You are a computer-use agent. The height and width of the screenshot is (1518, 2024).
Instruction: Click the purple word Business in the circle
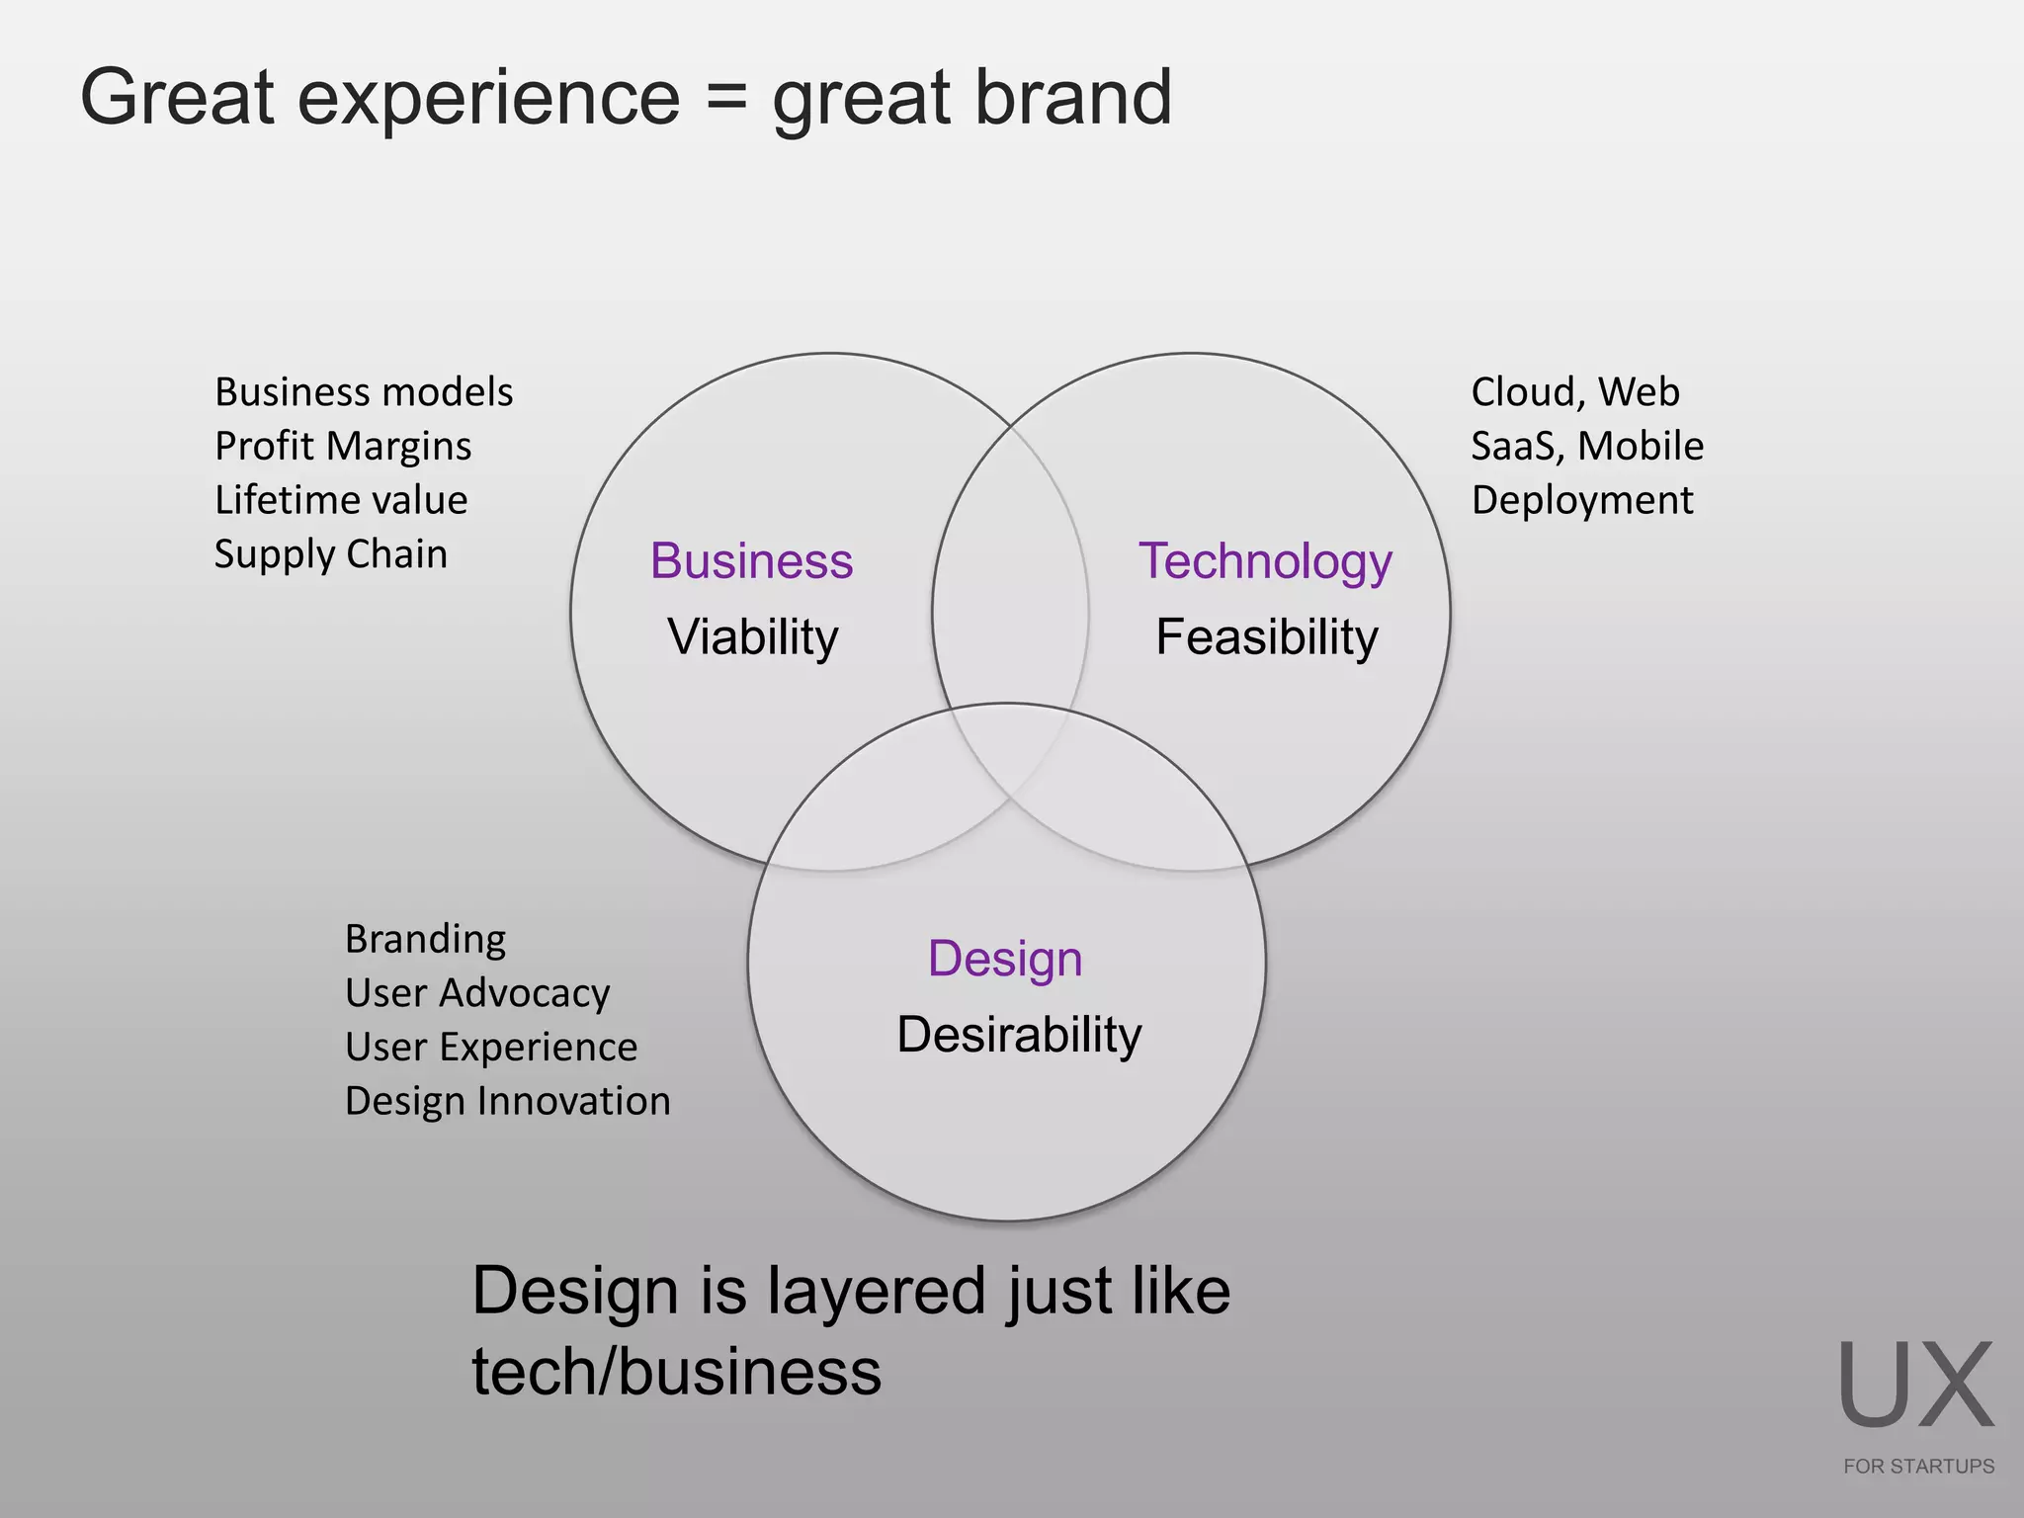[x=751, y=561]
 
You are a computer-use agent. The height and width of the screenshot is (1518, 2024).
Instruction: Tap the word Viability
[x=752, y=636]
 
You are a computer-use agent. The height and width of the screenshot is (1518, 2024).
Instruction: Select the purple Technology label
[x=1265, y=561]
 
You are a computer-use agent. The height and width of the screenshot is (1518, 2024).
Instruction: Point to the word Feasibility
[x=1266, y=636]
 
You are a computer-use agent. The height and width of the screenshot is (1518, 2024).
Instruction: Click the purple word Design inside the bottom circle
[x=1005, y=959]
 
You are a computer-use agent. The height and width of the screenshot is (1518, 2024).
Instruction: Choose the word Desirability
[x=1019, y=1035]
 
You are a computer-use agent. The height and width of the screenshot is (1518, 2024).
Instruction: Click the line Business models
[x=364, y=392]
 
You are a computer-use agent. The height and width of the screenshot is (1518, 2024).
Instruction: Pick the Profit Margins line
[x=343, y=447]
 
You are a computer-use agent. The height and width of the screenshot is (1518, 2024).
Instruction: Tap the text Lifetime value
[x=341, y=500]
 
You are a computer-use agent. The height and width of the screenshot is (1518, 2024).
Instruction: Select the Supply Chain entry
[x=331, y=554]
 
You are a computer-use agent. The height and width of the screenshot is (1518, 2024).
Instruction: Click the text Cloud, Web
[x=1575, y=392]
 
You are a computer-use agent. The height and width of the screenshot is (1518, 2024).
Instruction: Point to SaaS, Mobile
[x=1587, y=447]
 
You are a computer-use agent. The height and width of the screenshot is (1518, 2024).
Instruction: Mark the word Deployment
[x=1582, y=500]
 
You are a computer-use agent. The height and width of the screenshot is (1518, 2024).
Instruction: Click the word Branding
[x=425, y=939]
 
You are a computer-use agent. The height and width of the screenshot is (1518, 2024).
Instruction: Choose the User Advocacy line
[x=477, y=993]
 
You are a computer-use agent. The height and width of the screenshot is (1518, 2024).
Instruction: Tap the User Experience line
[x=491, y=1048]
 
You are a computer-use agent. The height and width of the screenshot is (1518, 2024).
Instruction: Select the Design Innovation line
[x=508, y=1101]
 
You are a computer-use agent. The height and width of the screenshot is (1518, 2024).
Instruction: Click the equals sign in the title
[x=726, y=98]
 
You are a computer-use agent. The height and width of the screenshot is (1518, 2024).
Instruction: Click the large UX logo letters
[x=1915, y=1386]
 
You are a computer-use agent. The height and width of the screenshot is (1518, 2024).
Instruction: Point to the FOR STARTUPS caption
[x=1918, y=1467]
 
